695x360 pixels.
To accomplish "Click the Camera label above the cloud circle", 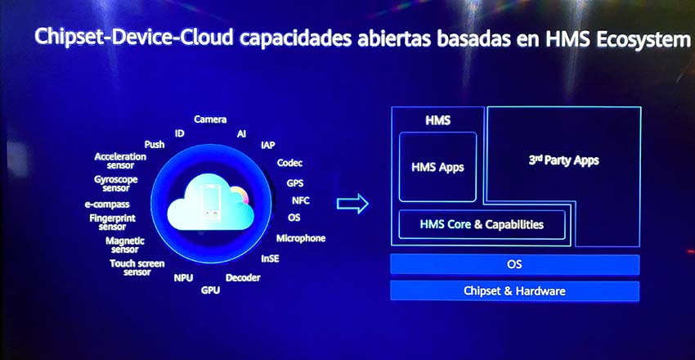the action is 210,119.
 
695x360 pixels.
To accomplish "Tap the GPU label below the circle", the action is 210,290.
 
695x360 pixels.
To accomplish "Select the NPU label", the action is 183,278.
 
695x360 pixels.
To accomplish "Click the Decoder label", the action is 243,278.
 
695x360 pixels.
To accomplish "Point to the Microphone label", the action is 301,239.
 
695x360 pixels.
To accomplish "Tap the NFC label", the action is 301,200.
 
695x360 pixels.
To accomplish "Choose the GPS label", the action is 294,182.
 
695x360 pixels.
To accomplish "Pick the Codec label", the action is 290,163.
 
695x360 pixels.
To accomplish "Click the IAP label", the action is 268,145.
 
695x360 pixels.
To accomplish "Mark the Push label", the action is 155,145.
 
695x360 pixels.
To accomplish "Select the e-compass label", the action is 107,205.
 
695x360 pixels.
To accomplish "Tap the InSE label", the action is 270,259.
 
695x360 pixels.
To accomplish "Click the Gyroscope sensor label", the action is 115,183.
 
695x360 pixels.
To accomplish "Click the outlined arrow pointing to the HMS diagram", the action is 353,204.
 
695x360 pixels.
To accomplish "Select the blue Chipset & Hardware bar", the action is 514,290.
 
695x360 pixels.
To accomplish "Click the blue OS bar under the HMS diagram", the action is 514,264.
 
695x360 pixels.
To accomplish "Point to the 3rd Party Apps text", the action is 564,160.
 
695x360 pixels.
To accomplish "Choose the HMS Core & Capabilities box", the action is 482,225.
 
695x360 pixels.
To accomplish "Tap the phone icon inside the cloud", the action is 210,203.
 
